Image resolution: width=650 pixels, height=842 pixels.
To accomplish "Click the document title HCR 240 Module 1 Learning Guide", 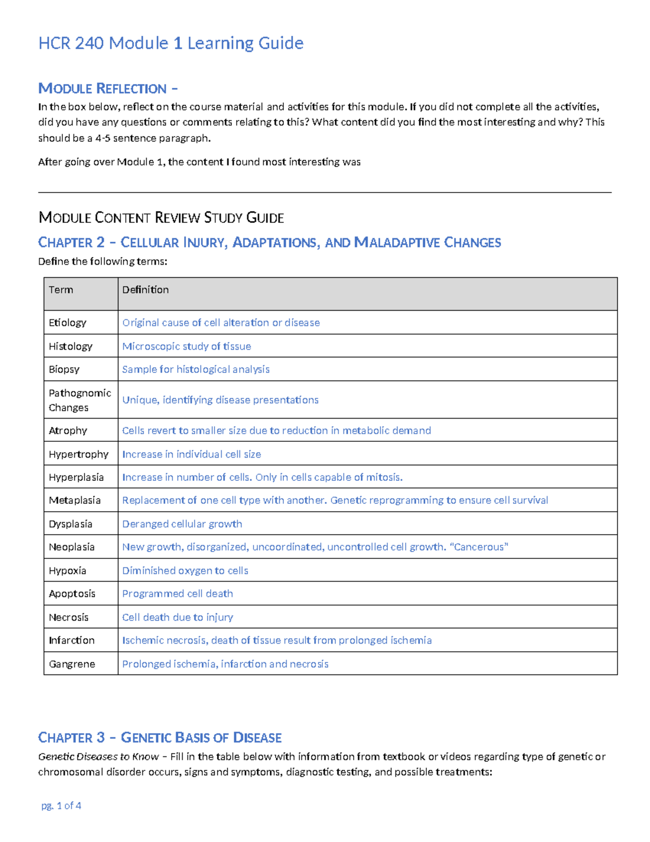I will [171, 43].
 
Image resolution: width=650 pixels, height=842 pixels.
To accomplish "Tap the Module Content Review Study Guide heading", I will [161, 218].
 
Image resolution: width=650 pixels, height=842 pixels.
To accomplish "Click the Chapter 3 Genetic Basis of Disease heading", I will [160, 737].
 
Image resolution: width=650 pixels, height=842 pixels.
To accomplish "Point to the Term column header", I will [61, 290].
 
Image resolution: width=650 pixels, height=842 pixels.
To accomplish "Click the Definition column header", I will [145, 290].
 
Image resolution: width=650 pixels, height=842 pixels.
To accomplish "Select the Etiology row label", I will [67, 323].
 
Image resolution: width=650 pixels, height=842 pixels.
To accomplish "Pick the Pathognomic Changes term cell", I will [80, 400].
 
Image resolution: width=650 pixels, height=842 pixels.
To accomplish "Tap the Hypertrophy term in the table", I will [79, 454].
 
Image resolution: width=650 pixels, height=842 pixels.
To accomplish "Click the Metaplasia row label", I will [75, 500].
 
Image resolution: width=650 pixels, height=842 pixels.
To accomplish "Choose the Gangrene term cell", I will [71, 664].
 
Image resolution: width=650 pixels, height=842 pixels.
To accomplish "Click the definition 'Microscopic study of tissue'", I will [186, 346].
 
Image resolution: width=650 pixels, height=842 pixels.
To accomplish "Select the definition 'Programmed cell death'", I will [177, 594].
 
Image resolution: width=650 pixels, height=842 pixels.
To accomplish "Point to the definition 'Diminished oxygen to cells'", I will [185, 571].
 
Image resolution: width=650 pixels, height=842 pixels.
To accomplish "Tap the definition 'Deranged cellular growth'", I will [182, 524].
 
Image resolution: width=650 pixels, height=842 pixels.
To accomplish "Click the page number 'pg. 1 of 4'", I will [61, 806].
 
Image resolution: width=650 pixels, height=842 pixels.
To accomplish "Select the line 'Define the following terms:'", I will [102, 261].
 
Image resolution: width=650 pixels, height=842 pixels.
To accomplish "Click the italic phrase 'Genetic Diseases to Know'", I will [98, 757].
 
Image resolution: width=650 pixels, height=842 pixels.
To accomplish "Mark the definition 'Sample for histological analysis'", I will [196, 369].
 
